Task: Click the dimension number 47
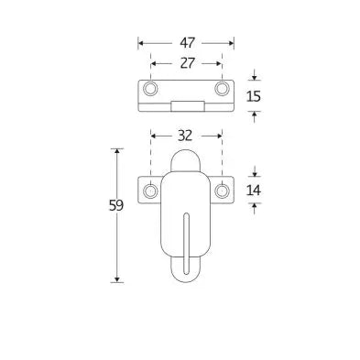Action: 187,43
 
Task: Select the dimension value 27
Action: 187,63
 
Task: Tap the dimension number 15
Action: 253,96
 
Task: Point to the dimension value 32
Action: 185,136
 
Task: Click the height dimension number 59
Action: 116,205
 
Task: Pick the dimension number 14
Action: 253,191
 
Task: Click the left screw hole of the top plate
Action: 150,89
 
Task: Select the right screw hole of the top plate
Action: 222,89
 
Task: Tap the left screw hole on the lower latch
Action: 150,191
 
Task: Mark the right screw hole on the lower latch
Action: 222,191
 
